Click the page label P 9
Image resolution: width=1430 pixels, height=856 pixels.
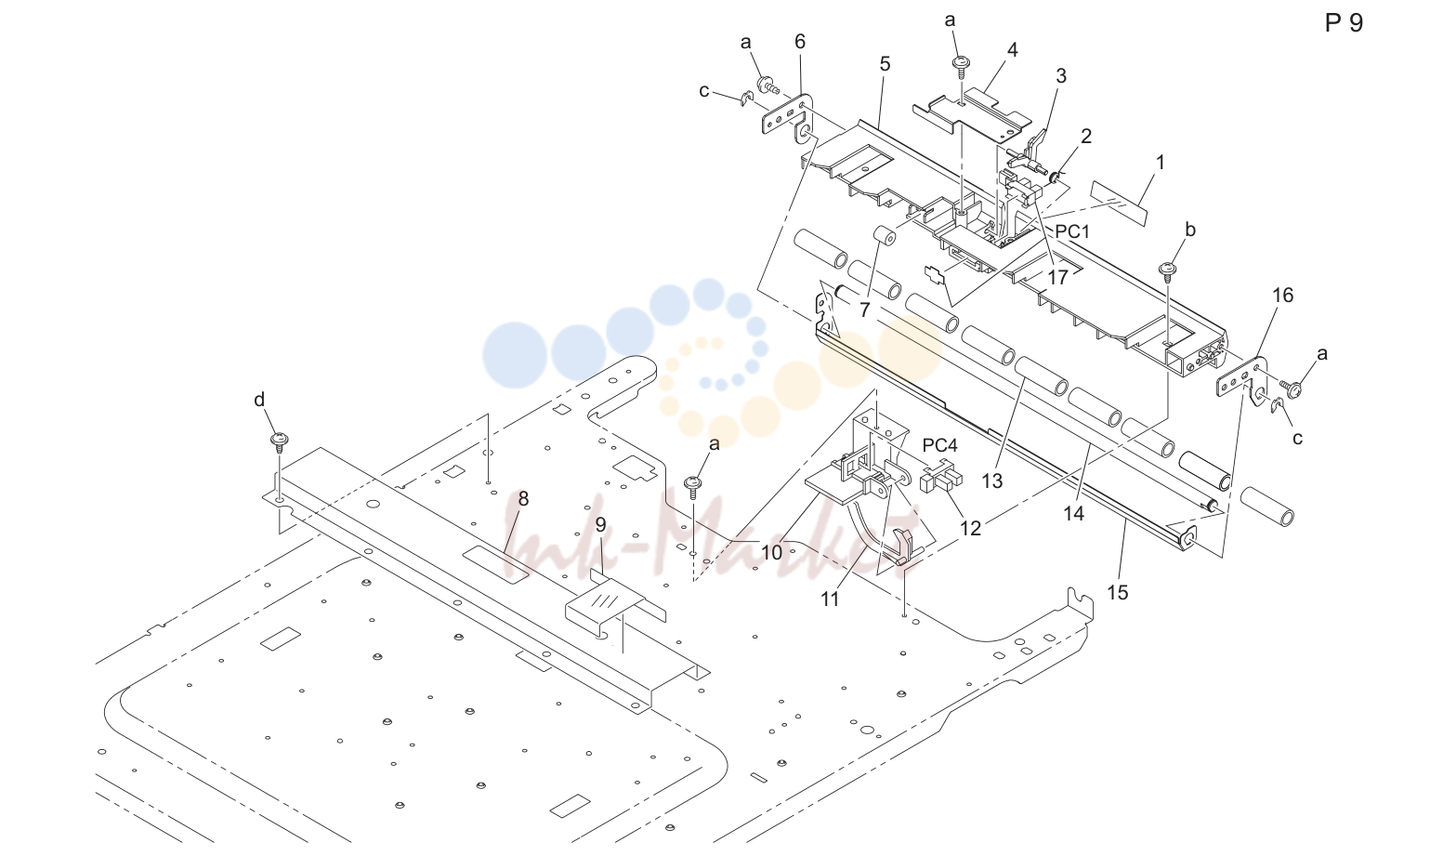pyautogui.click(x=1344, y=23)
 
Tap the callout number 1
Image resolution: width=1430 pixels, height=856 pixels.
pyautogui.click(x=1161, y=163)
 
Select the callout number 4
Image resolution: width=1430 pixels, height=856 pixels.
pyautogui.click(x=1013, y=50)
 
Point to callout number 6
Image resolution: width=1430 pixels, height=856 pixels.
pyautogui.click(x=800, y=42)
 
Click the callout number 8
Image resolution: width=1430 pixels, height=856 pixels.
pyautogui.click(x=523, y=498)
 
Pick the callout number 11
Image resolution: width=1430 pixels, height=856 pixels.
pyautogui.click(x=830, y=599)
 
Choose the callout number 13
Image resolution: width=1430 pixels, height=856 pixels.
pyautogui.click(x=992, y=481)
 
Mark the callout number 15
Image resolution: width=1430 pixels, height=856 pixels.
pyautogui.click(x=1118, y=592)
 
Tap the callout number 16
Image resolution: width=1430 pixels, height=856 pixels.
pyautogui.click(x=1282, y=295)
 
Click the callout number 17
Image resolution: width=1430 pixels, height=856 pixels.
pyautogui.click(x=1057, y=278)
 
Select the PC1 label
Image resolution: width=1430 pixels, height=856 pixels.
pyautogui.click(x=1072, y=231)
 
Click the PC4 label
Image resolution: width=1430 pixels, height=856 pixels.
pyautogui.click(x=939, y=445)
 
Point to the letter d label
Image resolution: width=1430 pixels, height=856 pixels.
pyautogui.click(x=259, y=400)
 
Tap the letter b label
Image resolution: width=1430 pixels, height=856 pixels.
pyautogui.click(x=1190, y=230)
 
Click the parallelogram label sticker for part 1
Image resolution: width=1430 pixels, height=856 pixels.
pyautogui.click(x=1119, y=204)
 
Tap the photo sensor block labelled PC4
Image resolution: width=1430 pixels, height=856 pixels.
pyautogui.click(x=941, y=481)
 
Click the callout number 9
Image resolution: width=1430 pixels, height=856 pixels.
pyautogui.click(x=600, y=525)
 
